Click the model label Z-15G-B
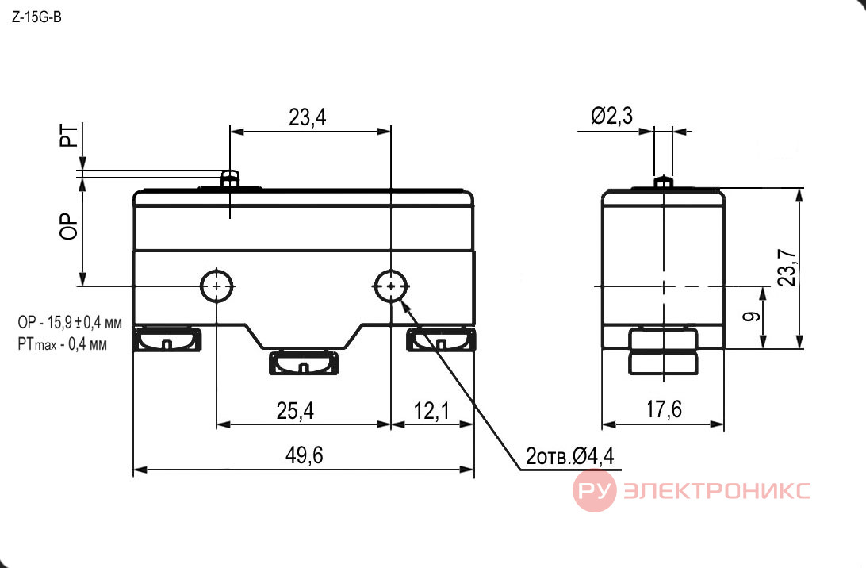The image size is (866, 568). click(x=36, y=17)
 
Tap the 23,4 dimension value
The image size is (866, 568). click(x=308, y=117)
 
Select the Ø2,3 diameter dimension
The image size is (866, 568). click(x=612, y=116)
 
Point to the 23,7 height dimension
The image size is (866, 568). click(x=787, y=267)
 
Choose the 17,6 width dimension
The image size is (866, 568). click(x=664, y=409)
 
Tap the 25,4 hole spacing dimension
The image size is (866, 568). click(x=296, y=410)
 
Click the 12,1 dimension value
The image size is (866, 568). click(x=431, y=410)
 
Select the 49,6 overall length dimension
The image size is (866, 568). click(x=305, y=455)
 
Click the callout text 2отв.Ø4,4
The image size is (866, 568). click(x=569, y=456)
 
